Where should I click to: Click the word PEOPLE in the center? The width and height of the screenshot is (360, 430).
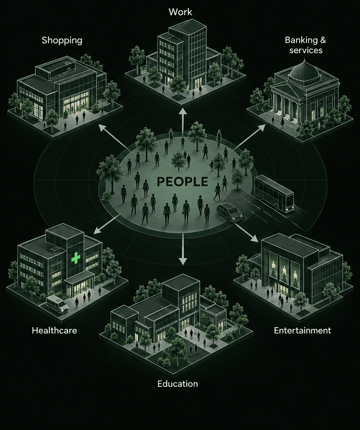(x=182, y=182)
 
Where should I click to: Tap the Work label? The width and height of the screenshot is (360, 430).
(x=180, y=12)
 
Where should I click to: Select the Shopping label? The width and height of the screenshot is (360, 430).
(x=62, y=40)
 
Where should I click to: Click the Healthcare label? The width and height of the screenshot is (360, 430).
(x=54, y=330)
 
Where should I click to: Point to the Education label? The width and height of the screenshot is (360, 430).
(x=178, y=384)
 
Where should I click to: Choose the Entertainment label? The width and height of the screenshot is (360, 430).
(x=302, y=330)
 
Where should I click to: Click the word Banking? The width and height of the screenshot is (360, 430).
(x=299, y=40)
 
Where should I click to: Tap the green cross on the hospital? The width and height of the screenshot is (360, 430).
(x=76, y=258)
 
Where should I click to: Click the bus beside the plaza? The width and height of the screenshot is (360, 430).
(x=274, y=193)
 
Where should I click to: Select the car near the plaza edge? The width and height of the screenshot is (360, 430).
(x=229, y=212)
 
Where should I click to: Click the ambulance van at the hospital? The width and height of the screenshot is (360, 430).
(x=58, y=304)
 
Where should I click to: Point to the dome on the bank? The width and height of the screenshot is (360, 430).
(x=305, y=71)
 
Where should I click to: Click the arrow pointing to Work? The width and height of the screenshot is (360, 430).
(x=183, y=120)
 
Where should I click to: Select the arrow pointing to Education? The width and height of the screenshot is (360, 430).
(x=183, y=250)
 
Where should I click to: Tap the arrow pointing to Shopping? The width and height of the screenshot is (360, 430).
(x=115, y=138)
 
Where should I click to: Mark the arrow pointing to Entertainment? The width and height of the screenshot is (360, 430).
(x=246, y=232)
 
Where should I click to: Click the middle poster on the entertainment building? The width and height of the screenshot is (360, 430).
(x=284, y=270)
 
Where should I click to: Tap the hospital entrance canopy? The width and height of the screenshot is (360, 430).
(x=79, y=277)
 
